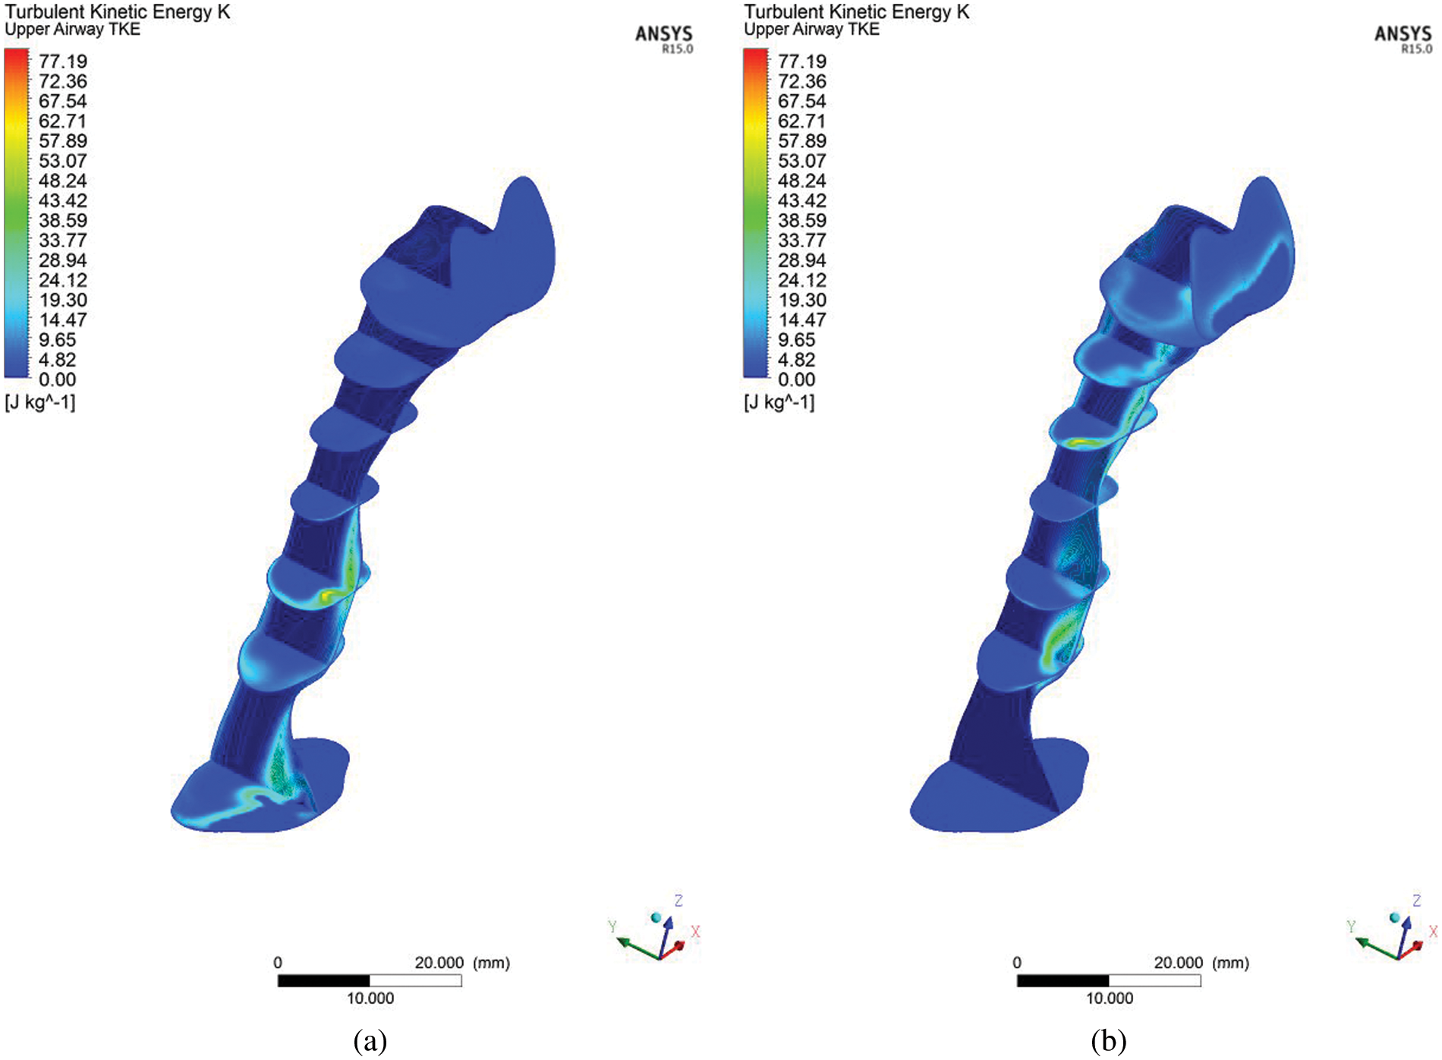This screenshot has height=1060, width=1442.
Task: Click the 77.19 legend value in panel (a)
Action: [x=63, y=61]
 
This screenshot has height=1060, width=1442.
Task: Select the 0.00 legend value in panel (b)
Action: [x=797, y=379]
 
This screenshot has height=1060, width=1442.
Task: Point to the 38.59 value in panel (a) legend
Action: [x=63, y=221]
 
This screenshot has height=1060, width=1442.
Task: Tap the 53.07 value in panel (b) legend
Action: [x=802, y=161]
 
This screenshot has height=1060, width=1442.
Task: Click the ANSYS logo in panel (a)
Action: [x=664, y=39]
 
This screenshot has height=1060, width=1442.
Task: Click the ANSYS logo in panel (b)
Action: [x=1403, y=39]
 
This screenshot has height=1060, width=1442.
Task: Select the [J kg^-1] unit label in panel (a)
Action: [x=40, y=402]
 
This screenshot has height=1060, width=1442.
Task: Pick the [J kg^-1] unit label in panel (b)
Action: [x=779, y=402]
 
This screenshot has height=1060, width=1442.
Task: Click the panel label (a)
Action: [x=370, y=1040]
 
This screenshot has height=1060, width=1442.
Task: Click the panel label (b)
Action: [x=1109, y=1040]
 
